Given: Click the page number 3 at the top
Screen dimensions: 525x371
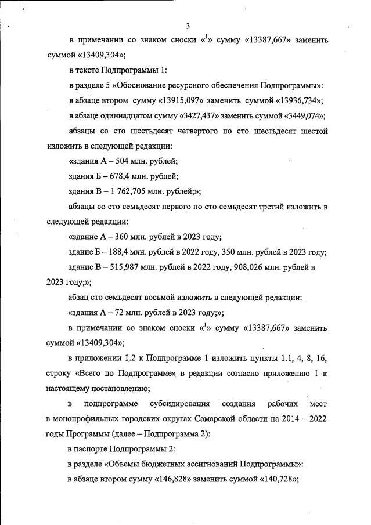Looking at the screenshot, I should (188, 26).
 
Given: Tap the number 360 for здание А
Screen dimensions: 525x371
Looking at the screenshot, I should (124, 237).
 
